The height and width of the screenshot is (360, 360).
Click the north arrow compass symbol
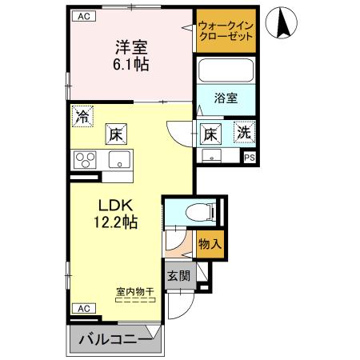coord(282,22)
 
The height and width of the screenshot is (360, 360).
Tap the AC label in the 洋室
coord(82,16)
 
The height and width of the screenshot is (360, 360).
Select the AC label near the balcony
coord(82,307)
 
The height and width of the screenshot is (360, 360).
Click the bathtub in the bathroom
coord(226,71)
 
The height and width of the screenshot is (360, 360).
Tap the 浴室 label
coord(226,98)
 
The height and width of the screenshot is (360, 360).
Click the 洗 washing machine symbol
coord(243,133)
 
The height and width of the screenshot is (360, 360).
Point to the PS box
coord(250,158)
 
